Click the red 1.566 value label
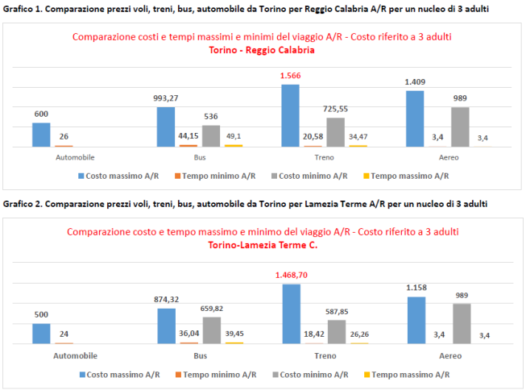tap(290, 76)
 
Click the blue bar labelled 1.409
tap(415, 118)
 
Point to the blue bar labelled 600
tap(41, 135)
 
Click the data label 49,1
tap(234, 136)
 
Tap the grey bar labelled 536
tap(210, 135)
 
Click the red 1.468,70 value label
tap(290, 276)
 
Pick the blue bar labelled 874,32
tap(166, 326)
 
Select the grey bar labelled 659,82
tap(210, 330)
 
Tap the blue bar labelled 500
tap(41, 334)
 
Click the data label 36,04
tap(188, 333)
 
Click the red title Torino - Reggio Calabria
tap(261, 50)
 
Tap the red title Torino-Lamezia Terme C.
tap(263, 245)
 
